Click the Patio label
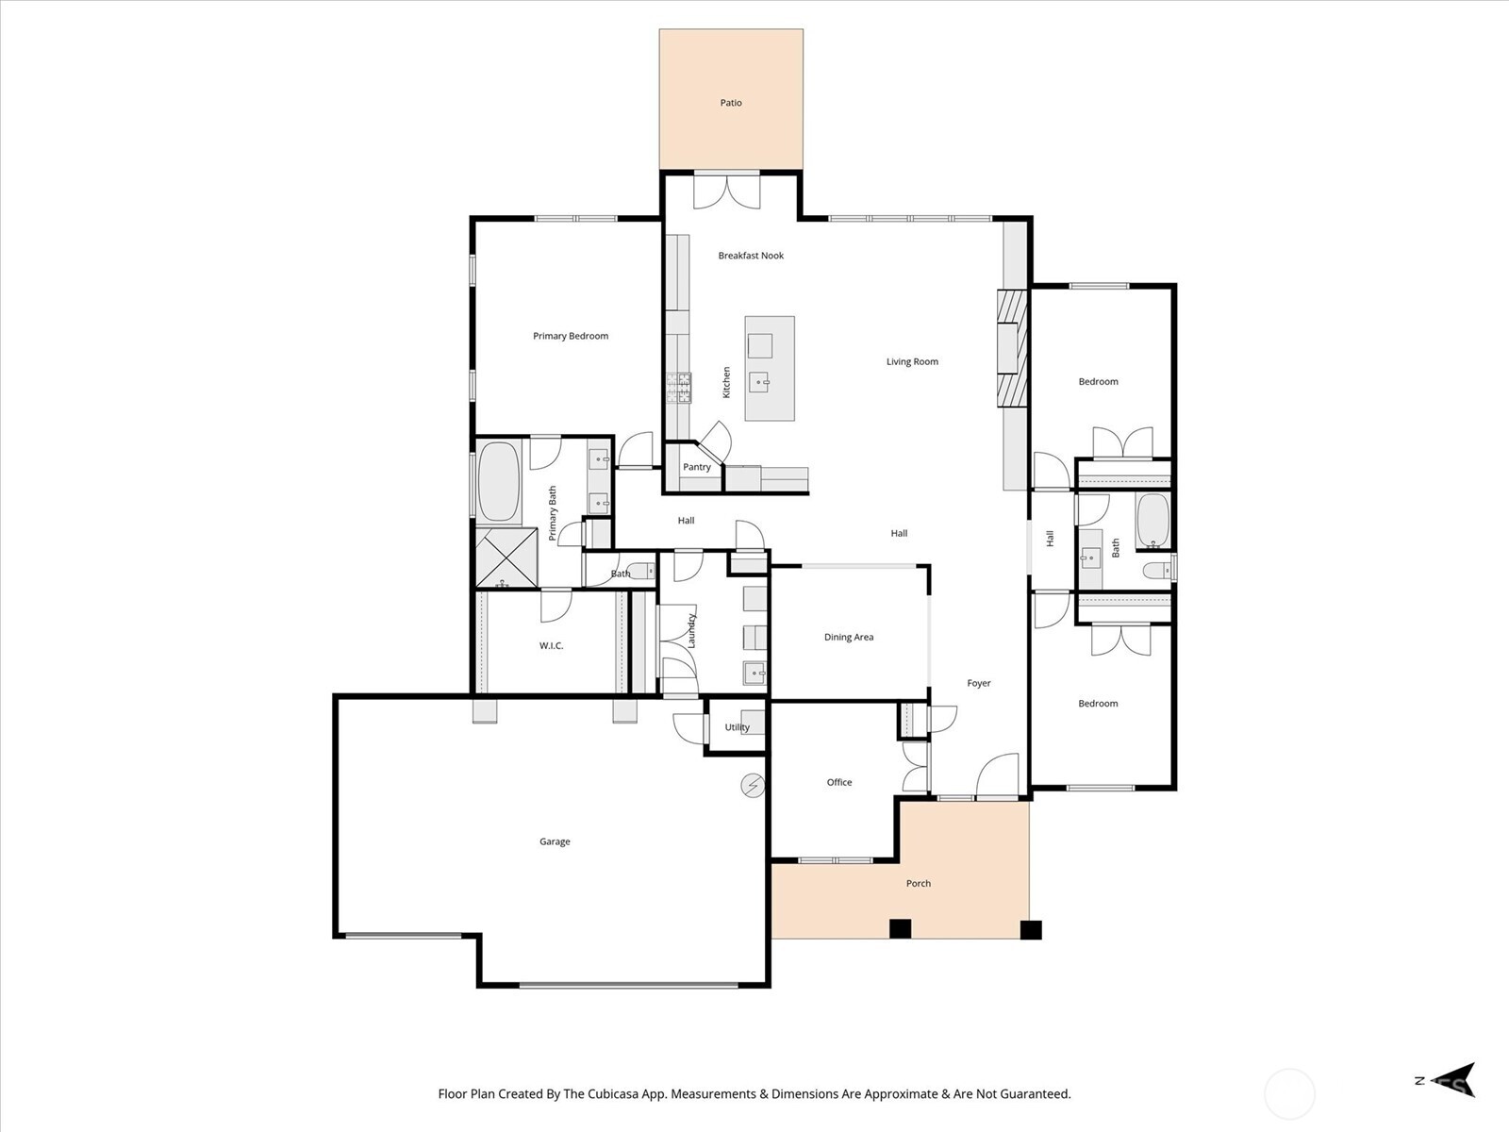pyautogui.click(x=731, y=103)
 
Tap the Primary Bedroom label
pyautogui.click(x=571, y=336)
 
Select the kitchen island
pyautogui.click(x=770, y=369)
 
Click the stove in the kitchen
pyautogui.click(x=679, y=389)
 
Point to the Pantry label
pyautogui.click(x=697, y=467)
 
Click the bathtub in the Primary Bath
pyautogui.click(x=499, y=482)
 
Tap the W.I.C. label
pyautogui.click(x=551, y=646)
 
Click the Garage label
pyautogui.click(x=555, y=841)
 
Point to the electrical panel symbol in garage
pyautogui.click(x=753, y=785)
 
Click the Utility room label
pyautogui.click(x=737, y=727)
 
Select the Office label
pyautogui.click(x=839, y=782)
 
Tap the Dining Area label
pyautogui.click(x=849, y=637)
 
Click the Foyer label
pyautogui.click(x=979, y=683)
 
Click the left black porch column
pyautogui.click(x=901, y=929)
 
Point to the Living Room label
pyautogui.click(x=912, y=361)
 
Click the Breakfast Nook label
pyautogui.click(x=751, y=256)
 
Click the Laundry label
pyautogui.click(x=691, y=630)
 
